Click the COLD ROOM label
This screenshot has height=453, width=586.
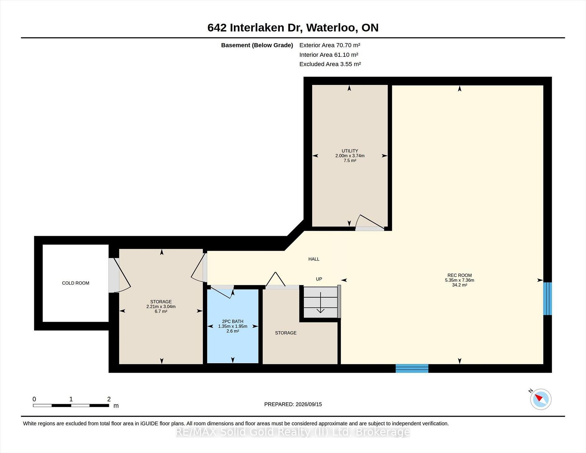click(x=75, y=283)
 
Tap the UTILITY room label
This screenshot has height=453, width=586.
click(x=350, y=151)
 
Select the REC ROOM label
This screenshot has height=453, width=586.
click(x=460, y=275)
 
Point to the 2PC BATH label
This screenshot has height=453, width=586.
click(x=233, y=321)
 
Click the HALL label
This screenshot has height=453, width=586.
click(x=314, y=259)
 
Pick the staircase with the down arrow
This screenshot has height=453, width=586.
click(x=320, y=302)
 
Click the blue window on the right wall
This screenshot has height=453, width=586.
click(x=548, y=299)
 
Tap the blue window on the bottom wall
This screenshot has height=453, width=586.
click(x=412, y=368)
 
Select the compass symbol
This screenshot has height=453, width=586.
click(x=541, y=399)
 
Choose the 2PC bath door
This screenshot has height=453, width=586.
click(x=222, y=292)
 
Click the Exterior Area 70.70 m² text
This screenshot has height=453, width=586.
click(x=330, y=45)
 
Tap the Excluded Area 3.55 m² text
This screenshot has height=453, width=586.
click(x=330, y=64)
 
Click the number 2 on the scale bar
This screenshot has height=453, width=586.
click(x=109, y=399)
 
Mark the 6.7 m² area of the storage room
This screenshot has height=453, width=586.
click(x=161, y=311)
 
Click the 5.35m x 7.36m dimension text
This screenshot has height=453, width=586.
click(x=460, y=280)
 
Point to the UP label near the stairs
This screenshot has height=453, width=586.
click(x=319, y=279)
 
